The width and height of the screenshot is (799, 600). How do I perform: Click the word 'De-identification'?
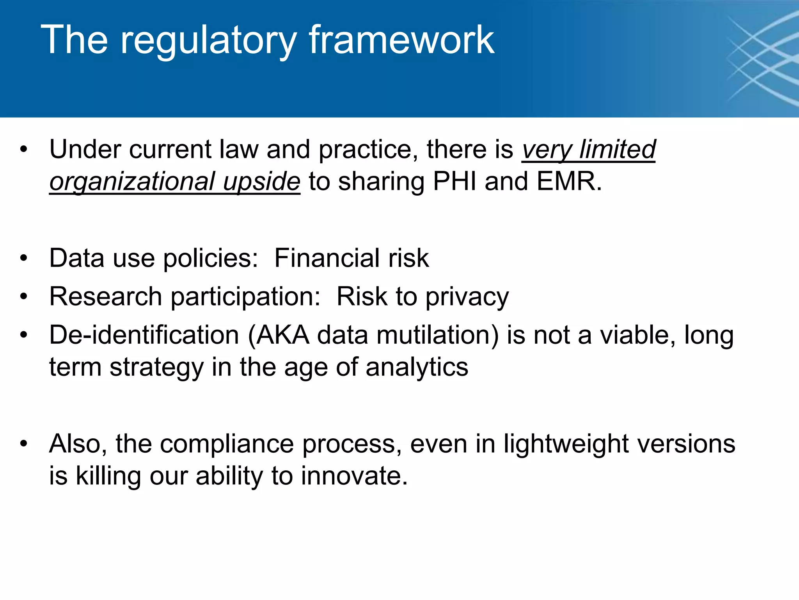pyautogui.click(x=144, y=336)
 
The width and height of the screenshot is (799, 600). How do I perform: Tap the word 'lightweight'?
pyautogui.click(x=566, y=445)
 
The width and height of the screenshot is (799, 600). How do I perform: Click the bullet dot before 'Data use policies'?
pyautogui.click(x=24, y=258)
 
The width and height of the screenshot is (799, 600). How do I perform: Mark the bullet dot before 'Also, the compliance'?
pyautogui.click(x=24, y=444)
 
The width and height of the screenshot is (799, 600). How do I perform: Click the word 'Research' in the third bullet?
pyautogui.click(x=106, y=296)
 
